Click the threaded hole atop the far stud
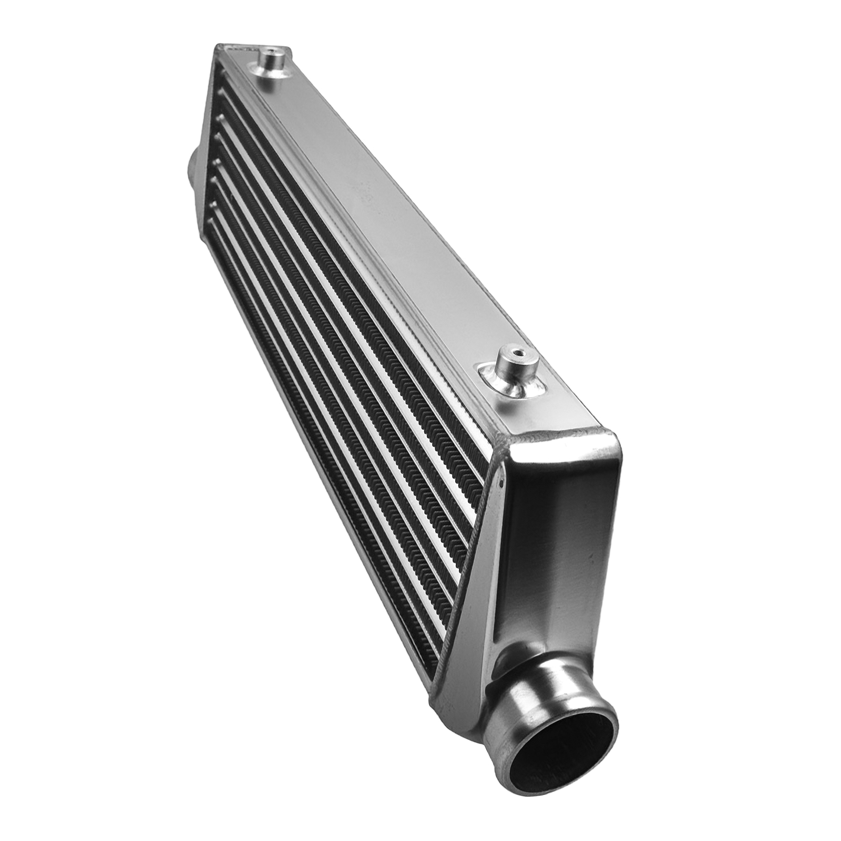272,51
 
